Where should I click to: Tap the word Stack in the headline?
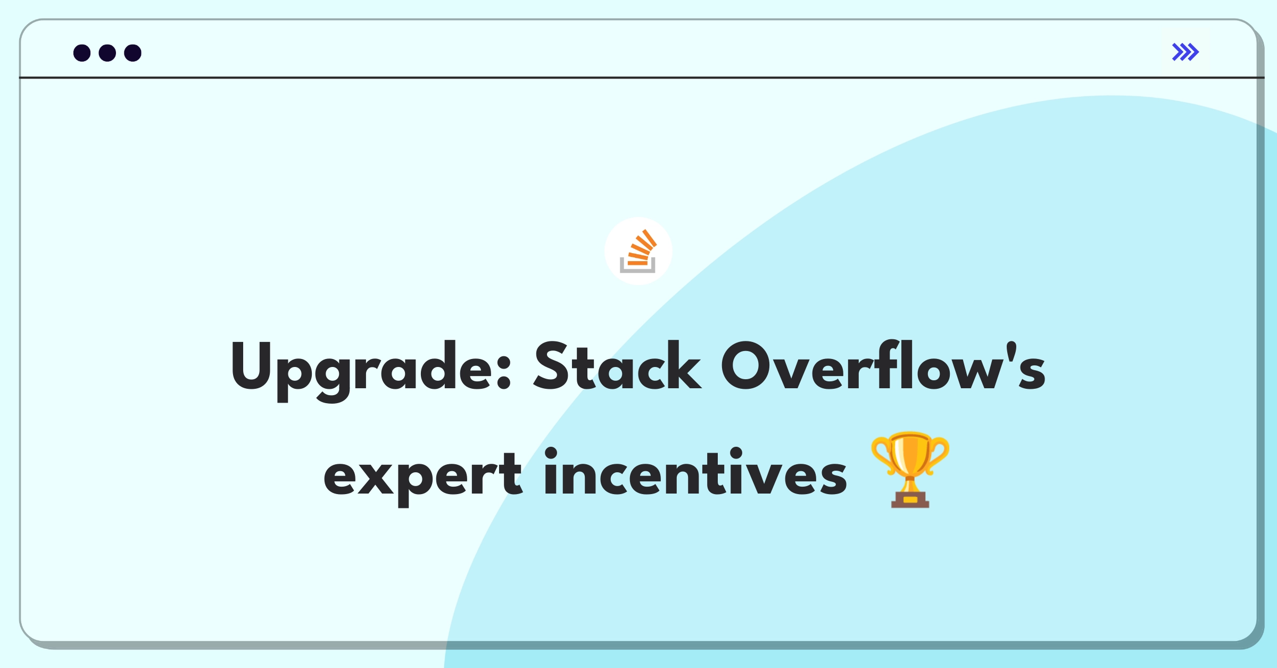click(x=617, y=366)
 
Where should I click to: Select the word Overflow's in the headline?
click(x=883, y=366)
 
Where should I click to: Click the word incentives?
click(x=695, y=472)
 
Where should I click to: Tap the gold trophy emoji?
click(x=910, y=470)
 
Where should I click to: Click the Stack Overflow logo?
click(x=638, y=251)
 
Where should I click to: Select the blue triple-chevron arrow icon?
click(x=1185, y=52)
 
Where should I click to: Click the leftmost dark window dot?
click(x=82, y=53)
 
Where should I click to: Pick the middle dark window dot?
click(x=107, y=53)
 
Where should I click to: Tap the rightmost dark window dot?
click(x=132, y=53)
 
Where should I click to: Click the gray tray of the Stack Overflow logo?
click(x=637, y=267)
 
